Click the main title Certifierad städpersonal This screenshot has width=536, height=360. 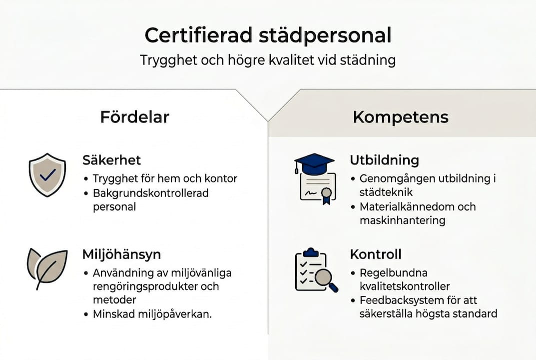(x=268, y=36)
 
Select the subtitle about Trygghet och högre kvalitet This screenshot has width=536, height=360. (x=268, y=60)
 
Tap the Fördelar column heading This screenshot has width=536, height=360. (x=135, y=117)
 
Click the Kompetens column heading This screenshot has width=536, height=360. (x=401, y=117)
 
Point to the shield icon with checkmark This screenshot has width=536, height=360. (x=47, y=174)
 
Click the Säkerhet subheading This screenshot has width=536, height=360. (x=111, y=160)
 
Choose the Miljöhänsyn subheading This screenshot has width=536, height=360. (x=121, y=254)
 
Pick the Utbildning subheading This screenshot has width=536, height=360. (x=384, y=160)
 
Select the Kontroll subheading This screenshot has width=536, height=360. (x=375, y=254)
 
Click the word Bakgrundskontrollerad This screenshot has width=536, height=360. (x=150, y=192)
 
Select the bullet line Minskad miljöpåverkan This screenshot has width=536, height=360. (x=152, y=314)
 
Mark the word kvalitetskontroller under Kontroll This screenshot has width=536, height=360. (x=405, y=286)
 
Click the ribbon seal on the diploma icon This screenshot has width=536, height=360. (x=326, y=194)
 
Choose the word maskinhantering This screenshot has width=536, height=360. (x=402, y=220)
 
